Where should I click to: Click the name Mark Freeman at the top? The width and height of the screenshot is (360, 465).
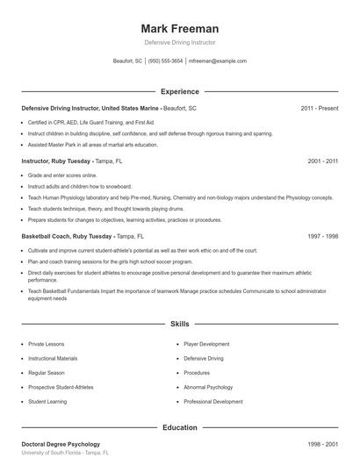coord(179,28)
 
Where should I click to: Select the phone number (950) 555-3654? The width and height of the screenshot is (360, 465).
coord(166,61)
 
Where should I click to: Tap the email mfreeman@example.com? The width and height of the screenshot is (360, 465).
coord(218,61)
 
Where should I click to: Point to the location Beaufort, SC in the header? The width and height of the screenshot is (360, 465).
coord(127,61)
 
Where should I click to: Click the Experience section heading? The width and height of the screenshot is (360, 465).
coord(179,91)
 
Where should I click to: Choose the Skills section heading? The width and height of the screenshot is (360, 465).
coord(179,324)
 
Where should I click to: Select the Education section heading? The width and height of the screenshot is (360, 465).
coord(179,427)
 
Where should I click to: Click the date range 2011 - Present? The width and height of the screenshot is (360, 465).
coord(320,108)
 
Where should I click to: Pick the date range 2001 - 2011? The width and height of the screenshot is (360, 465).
coord(323,162)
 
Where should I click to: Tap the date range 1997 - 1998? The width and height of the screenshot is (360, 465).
coord(323,237)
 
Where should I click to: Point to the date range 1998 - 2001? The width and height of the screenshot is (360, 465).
coord(323,445)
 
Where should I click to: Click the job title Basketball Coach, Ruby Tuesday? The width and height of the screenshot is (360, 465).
coord(67,237)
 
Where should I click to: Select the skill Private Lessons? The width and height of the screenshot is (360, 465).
coord(47,345)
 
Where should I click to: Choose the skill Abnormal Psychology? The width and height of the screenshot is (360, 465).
coord(208,387)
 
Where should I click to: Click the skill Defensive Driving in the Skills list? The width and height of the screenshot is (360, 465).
coord(204,359)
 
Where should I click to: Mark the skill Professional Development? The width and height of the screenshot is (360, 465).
coord(213,401)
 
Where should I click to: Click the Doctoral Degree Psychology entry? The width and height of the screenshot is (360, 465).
coord(61,445)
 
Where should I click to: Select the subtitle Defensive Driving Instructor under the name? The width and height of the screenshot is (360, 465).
coord(179,42)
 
